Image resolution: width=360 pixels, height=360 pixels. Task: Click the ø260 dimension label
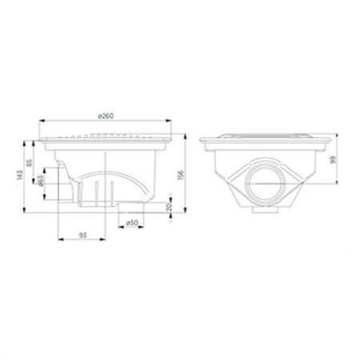pyautogui.click(x=106, y=116)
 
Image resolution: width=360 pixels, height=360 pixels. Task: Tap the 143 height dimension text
pyautogui.click(x=20, y=175)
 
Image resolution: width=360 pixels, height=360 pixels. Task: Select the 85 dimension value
pyautogui.click(x=30, y=163)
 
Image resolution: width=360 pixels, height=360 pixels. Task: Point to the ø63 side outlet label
pyautogui.click(x=40, y=181)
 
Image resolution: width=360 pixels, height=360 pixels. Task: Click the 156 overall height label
pyautogui.click(x=181, y=175)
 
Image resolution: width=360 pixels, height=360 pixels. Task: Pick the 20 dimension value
pyautogui.click(x=169, y=207)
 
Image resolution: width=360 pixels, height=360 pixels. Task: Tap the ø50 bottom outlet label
pyautogui.click(x=132, y=223)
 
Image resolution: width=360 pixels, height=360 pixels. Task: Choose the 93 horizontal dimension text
pyautogui.click(x=83, y=235)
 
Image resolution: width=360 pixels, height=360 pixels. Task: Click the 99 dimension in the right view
pyautogui.click(x=333, y=160)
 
